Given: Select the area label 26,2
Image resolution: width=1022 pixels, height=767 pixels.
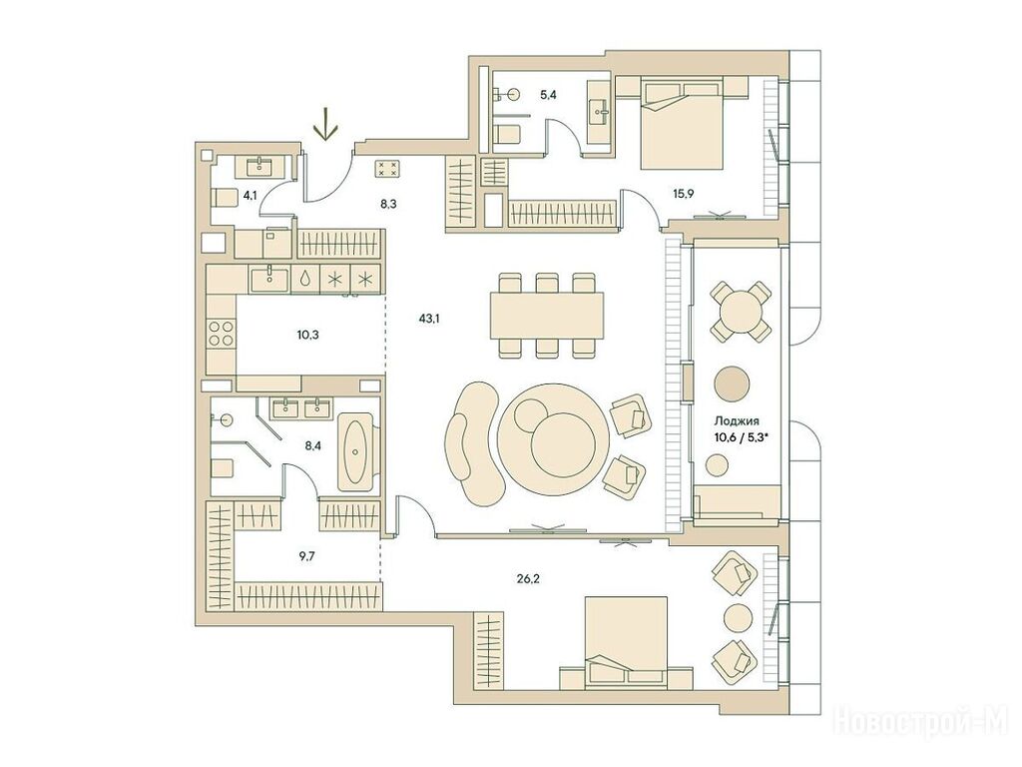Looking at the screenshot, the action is tap(528, 578).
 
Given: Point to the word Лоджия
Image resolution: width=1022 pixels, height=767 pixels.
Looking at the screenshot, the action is tap(737, 421).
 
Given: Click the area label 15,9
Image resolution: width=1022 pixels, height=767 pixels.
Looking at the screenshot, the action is tap(684, 193).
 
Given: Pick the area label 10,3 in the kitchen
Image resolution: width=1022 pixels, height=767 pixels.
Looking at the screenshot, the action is tap(307, 336).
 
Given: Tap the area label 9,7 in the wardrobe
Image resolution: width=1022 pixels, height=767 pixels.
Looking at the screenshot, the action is tap(306, 557).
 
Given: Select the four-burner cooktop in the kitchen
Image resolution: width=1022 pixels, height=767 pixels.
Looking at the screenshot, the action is tap(222, 334).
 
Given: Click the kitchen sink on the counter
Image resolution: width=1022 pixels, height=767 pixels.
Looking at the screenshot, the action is tap(269, 279).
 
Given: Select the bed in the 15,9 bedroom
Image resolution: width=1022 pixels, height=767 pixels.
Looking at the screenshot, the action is tap(683, 123).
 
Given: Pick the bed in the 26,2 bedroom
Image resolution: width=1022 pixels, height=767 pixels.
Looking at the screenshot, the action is tap(626, 642).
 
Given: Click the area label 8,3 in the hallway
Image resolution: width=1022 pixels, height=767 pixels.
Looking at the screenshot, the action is tap(389, 204).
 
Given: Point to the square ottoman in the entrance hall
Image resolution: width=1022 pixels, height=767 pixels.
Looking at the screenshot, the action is tap(388, 169).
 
